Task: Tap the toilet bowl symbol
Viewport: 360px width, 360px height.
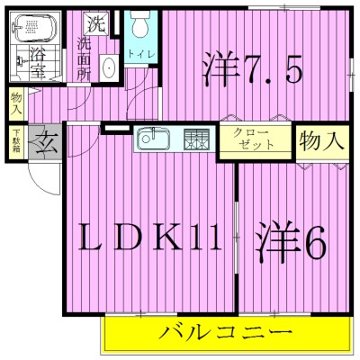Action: tap(138, 26)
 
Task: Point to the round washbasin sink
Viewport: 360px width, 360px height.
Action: tap(107, 67)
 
